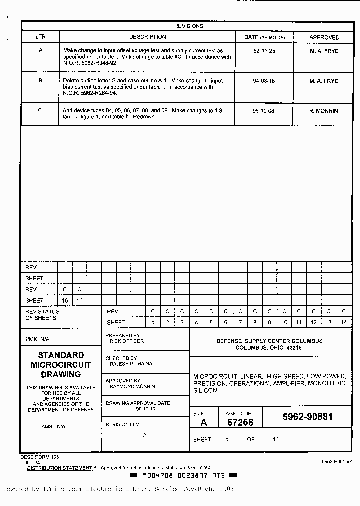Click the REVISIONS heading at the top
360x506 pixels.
pos(188,26)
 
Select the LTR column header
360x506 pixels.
pos(40,37)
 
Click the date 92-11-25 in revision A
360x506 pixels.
pos(264,51)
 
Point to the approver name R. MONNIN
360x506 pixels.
pos(323,111)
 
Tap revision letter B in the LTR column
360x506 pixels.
pos(40,81)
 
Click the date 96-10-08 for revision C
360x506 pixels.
pos(264,111)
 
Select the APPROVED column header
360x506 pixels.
pos(324,37)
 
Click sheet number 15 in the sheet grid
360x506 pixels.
pos(65,301)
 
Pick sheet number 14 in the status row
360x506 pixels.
pos(344,323)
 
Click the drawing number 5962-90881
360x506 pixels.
pos(307,417)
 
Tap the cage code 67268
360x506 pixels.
pos(240,422)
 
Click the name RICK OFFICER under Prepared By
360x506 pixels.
pos(127,341)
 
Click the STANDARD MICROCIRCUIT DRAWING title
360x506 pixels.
pos(61,365)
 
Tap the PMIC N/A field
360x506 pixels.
pos(38,339)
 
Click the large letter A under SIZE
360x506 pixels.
pos(203,422)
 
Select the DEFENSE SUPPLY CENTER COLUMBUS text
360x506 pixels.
pos(269,341)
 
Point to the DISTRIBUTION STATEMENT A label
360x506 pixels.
pos(62,468)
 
